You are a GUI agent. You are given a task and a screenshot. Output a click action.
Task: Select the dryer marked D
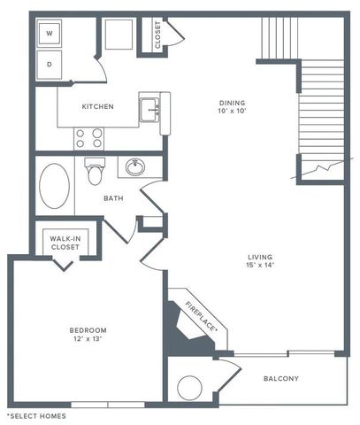click(49, 65)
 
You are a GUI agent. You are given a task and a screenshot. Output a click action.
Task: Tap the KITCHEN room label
click(97, 107)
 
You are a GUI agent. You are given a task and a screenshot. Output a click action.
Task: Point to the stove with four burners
click(88, 137)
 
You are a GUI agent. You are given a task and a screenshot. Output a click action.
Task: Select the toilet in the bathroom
click(96, 170)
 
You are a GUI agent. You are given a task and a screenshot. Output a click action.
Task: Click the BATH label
click(113, 199)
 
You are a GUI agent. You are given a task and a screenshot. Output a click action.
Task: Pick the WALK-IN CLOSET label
click(65, 243)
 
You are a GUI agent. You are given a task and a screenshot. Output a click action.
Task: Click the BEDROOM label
click(88, 332)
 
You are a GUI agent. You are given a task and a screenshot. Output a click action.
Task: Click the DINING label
click(234, 104)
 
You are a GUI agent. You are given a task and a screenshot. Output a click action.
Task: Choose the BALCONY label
click(280, 379)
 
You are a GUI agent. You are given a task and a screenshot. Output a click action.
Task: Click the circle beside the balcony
click(190, 387)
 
